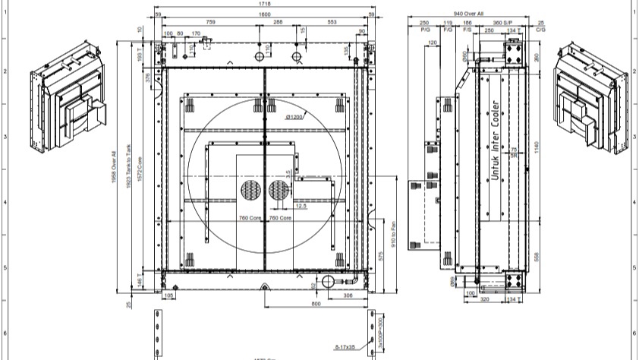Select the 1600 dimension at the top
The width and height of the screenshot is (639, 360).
click(x=264, y=14)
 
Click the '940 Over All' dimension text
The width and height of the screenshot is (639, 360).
click(x=468, y=14)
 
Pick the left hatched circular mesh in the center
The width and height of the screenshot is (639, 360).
click(x=250, y=191)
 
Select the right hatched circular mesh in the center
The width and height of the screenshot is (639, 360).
click(x=278, y=191)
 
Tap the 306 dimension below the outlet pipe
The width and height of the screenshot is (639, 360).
click(x=348, y=295)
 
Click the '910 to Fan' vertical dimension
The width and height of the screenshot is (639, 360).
click(x=393, y=238)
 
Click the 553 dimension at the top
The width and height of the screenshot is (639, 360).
click(x=332, y=24)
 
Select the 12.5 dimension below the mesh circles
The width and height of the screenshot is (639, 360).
click(x=279, y=206)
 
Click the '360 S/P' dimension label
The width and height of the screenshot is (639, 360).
click(x=502, y=24)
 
